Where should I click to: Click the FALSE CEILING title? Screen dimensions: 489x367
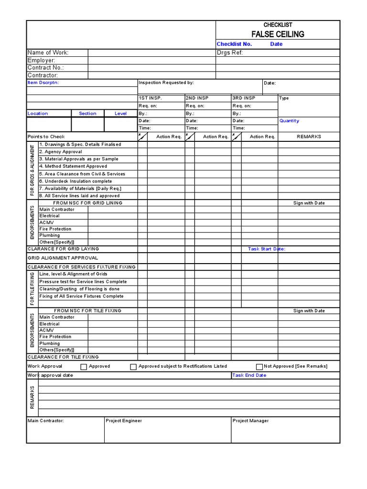pos(278,34)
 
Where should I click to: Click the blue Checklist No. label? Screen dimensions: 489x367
pos(234,44)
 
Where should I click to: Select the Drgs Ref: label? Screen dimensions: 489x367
pos(230,53)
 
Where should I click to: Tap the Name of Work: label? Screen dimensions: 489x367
pos(48,53)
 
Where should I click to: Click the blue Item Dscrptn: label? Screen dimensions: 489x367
pos(43,83)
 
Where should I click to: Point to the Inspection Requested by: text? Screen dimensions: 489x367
pos(166,83)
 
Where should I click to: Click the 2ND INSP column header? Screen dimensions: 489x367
pos(197,98)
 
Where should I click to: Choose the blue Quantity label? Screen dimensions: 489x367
pos(289,121)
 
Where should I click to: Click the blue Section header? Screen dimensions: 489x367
pos(87,114)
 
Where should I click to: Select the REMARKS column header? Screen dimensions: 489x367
pos(309,137)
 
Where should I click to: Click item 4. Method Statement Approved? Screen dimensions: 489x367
pos(73,166)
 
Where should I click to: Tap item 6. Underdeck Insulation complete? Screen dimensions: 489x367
pos(76,181)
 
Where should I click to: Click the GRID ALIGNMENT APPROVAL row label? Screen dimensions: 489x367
pos(63,258)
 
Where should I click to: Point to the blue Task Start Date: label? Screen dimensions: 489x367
pos(266,249)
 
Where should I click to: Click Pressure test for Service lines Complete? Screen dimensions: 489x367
pos(83,282)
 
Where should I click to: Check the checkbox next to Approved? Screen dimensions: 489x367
pos(84,367)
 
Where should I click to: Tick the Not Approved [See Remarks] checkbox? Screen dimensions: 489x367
pos(259,367)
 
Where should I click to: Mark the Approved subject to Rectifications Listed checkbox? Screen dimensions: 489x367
pos(133,367)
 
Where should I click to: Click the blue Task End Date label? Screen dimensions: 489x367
pos(249,375)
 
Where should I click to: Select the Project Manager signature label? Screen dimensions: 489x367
pos(250,421)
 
